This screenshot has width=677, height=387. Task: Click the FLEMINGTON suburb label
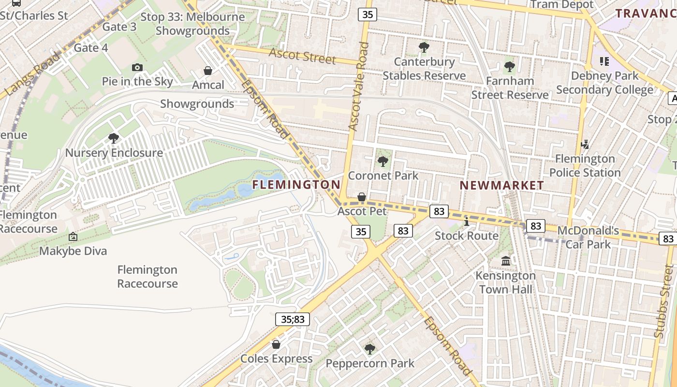pyautogui.click(x=296, y=184)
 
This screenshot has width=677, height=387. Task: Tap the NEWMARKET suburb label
pyautogui.click(x=501, y=185)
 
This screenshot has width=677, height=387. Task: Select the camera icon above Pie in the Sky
pyautogui.click(x=137, y=68)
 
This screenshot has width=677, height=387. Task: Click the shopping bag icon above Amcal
pyautogui.click(x=208, y=71)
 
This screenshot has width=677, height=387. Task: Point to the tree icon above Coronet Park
pyautogui.click(x=383, y=161)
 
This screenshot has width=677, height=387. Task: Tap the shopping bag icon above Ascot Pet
pyautogui.click(x=361, y=197)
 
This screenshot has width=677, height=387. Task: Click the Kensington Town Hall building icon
pyautogui.click(x=506, y=261)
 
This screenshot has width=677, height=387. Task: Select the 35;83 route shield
pyautogui.click(x=293, y=319)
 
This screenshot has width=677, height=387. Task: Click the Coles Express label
pyautogui.click(x=277, y=358)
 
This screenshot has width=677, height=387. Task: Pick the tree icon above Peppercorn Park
pyautogui.click(x=370, y=349)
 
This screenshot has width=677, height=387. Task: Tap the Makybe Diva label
pyautogui.click(x=73, y=251)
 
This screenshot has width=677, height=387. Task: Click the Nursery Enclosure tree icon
pyautogui.click(x=114, y=139)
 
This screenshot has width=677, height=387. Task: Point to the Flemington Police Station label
pyautogui.click(x=585, y=165)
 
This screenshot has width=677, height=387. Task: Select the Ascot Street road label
pyautogui.click(x=302, y=55)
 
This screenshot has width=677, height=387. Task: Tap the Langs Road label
pyautogui.click(x=32, y=74)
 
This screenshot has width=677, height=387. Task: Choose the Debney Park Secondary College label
pyautogui.click(x=604, y=83)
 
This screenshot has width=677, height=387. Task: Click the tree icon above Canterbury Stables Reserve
pyautogui.click(x=424, y=47)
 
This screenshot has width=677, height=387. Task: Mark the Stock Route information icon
pyautogui.click(x=466, y=222)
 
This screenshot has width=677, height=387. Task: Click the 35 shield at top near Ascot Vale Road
pyautogui.click(x=368, y=15)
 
